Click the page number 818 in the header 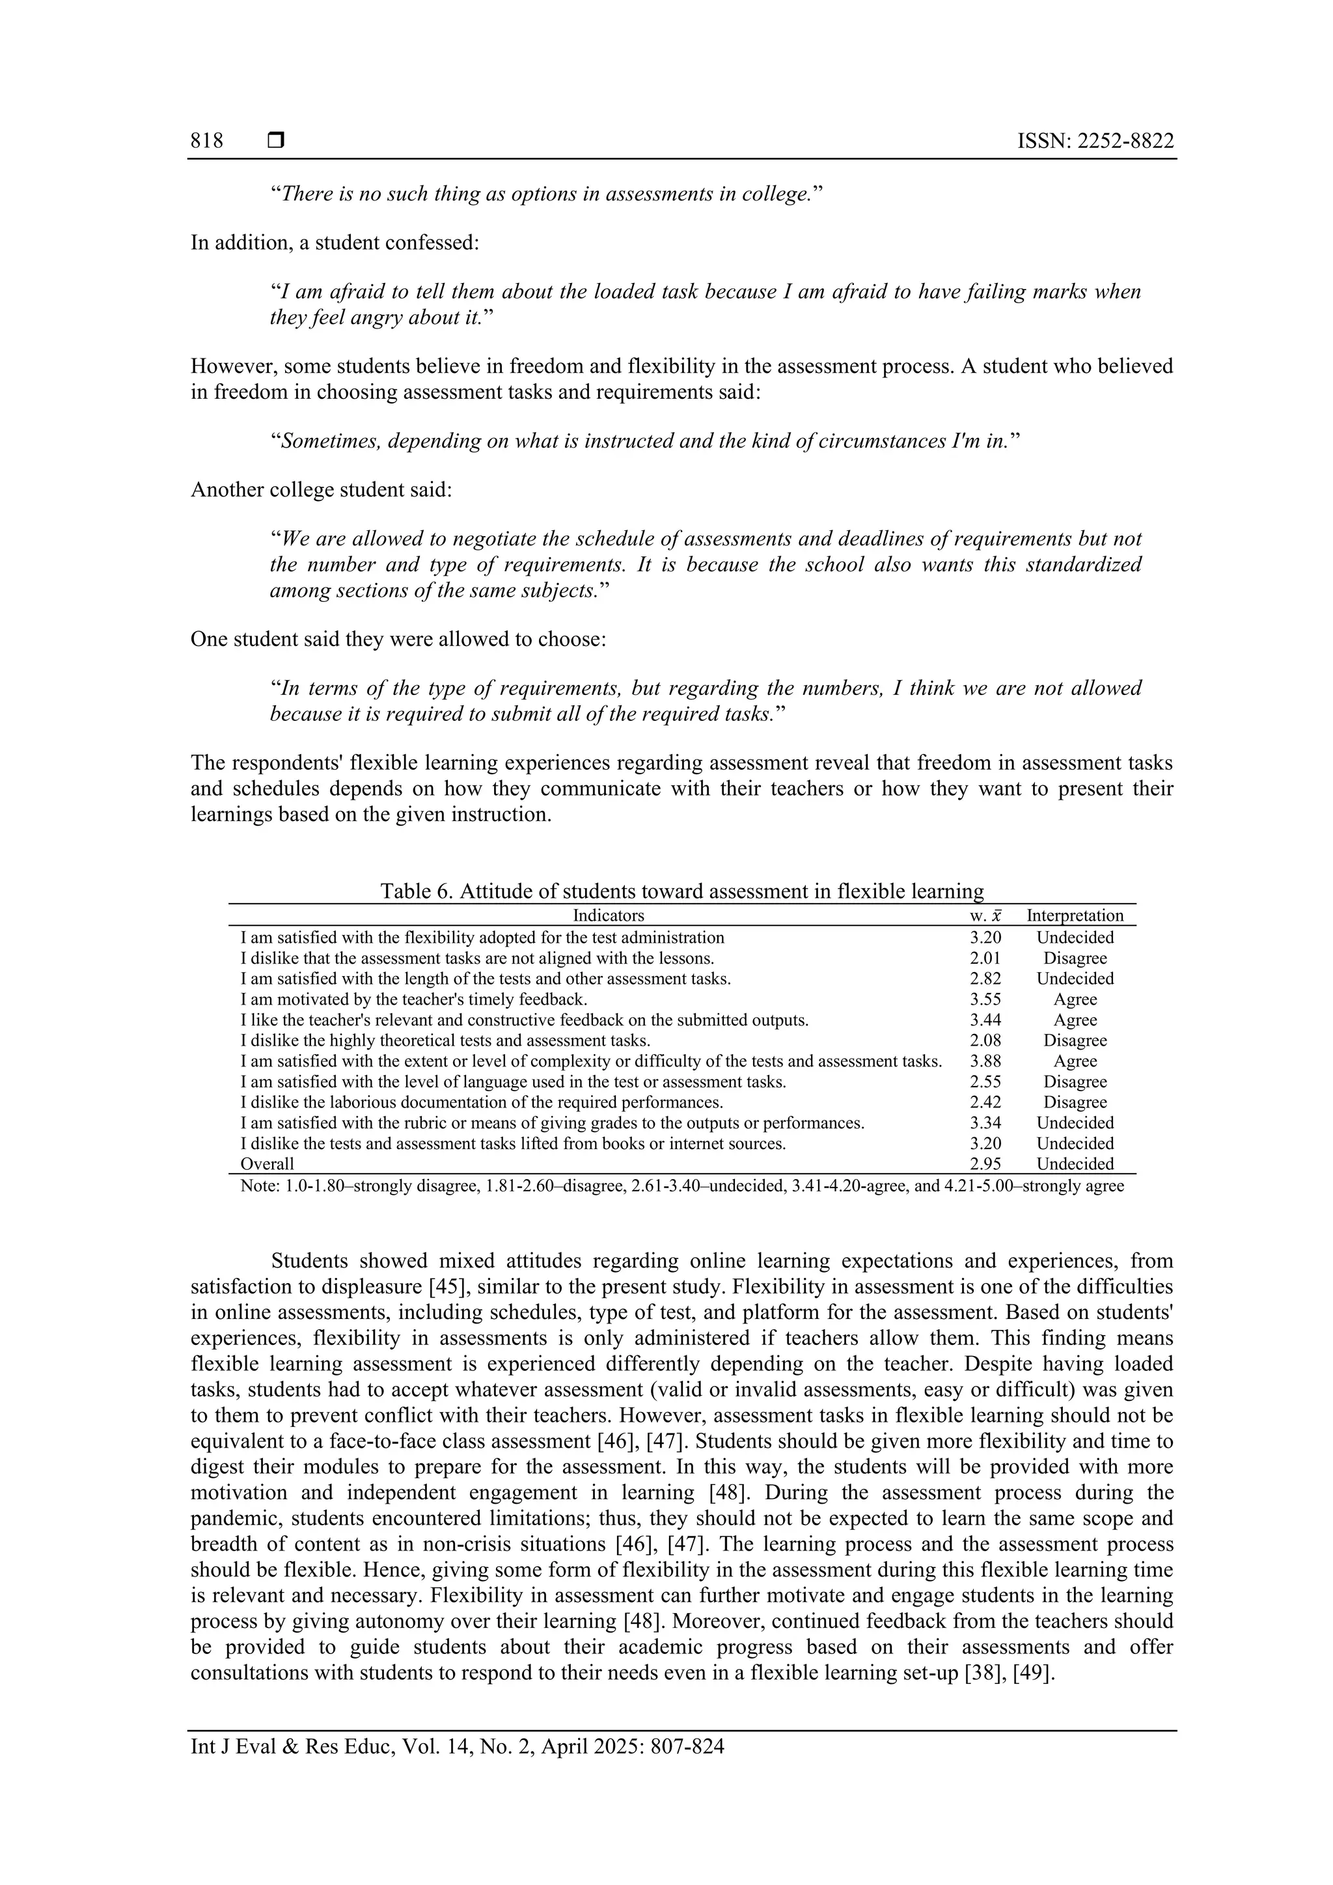(207, 141)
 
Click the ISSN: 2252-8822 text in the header (1095, 141)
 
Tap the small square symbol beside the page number (276, 141)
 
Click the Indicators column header (608, 915)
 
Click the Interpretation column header (1075, 915)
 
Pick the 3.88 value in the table (985, 1061)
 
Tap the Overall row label (267, 1164)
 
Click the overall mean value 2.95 (985, 1164)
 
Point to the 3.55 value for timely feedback (985, 1000)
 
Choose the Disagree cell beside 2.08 (1075, 1041)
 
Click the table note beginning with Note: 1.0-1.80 (681, 1186)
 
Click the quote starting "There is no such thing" (546, 195)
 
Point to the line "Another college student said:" (321, 490)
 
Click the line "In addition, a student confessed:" (335, 243)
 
